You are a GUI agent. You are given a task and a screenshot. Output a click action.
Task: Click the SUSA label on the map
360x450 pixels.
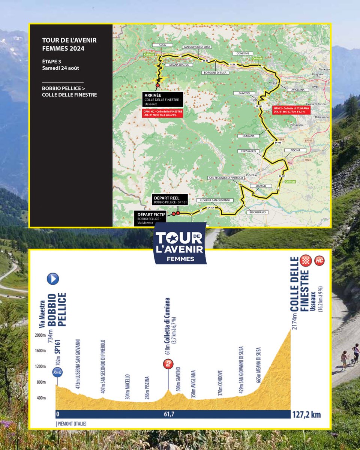point(162,45)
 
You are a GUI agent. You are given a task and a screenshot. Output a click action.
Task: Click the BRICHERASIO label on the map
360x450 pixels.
point(255,212)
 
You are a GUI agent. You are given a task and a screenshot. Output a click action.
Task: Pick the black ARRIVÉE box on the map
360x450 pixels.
point(162,99)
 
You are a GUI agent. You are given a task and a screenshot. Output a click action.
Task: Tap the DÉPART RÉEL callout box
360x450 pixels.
point(169,199)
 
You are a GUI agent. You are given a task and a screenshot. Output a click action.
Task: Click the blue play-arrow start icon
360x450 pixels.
point(53,279)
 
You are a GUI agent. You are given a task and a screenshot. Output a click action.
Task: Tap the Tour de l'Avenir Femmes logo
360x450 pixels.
point(180,243)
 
